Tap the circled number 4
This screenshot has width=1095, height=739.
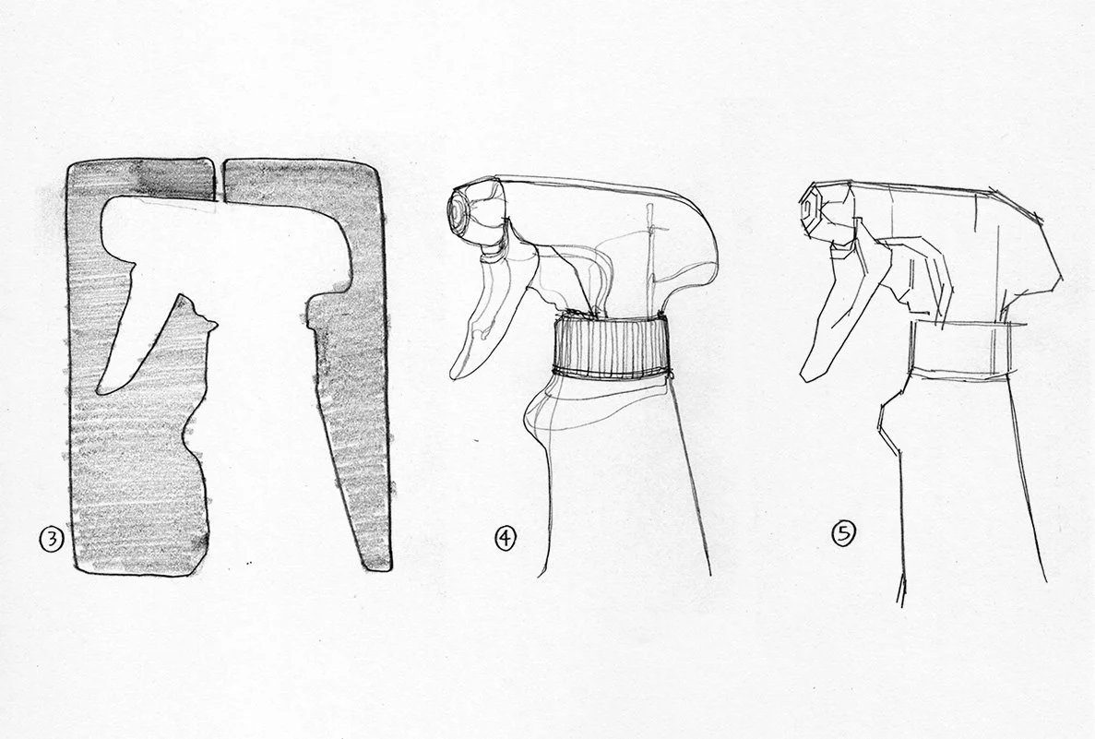click(505, 538)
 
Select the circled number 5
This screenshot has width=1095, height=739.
click(843, 534)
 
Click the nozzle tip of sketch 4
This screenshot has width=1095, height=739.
click(461, 209)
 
